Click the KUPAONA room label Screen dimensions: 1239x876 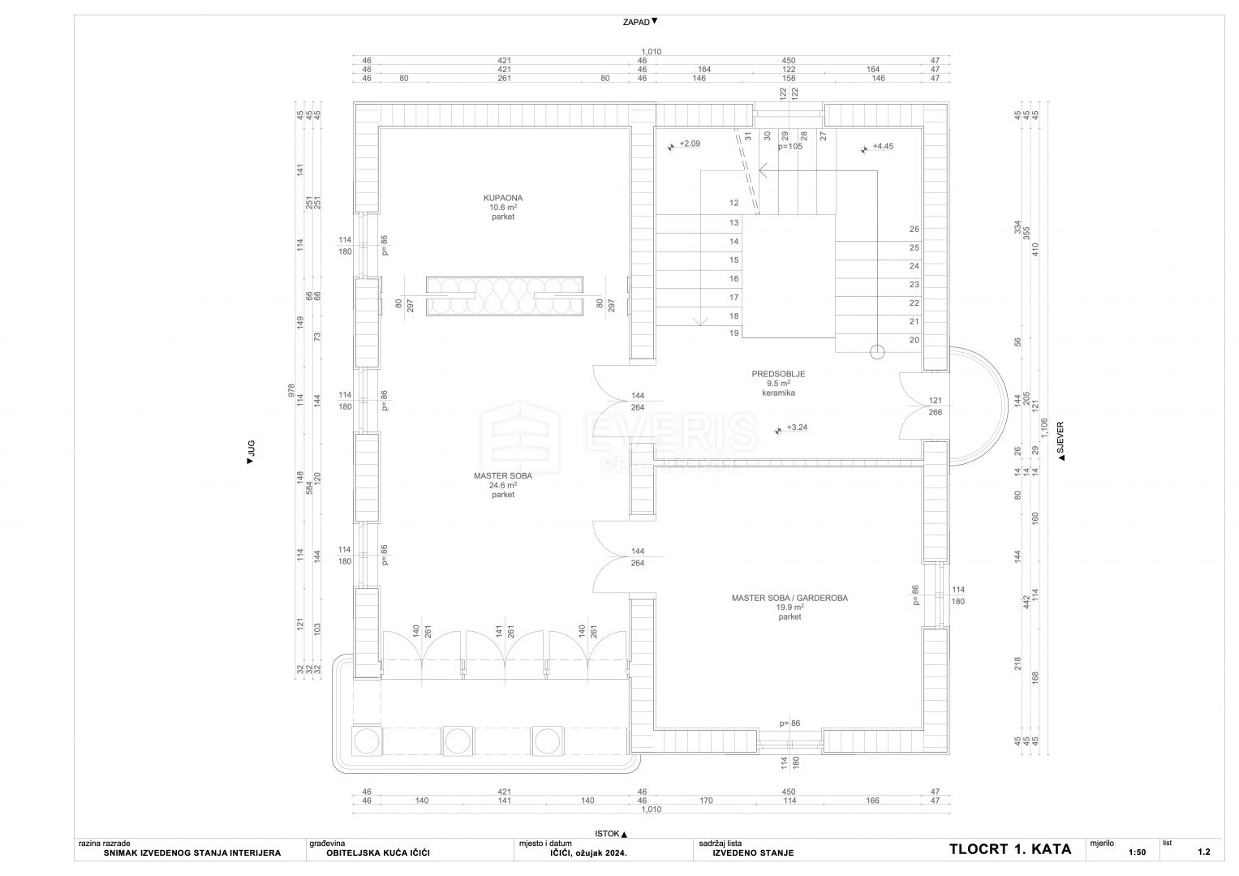point(503,198)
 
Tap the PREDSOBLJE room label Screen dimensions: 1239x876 point(778,375)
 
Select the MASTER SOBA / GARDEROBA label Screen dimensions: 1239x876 point(789,599)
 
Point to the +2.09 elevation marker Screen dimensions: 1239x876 point(690,144)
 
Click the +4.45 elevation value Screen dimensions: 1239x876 point(883,147)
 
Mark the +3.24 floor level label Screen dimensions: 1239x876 point(797,427)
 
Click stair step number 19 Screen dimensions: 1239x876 point(734,333)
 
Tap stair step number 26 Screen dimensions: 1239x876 point(914,229)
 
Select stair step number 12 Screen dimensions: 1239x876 point(734,203)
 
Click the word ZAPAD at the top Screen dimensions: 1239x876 point(636,23)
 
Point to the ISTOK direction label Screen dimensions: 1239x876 point(607,834)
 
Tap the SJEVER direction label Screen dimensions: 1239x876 point(1060,437)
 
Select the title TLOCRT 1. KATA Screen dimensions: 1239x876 point(1010,849)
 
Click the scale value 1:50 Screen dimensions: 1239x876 point(1138,852)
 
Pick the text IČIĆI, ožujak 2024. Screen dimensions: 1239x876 point(585,853)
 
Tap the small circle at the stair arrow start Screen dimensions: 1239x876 point(876,352)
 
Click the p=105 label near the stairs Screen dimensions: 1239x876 point(789,147)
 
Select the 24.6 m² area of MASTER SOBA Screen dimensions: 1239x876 point(503,486)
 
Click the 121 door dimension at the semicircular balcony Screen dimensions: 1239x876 point(936,401)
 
